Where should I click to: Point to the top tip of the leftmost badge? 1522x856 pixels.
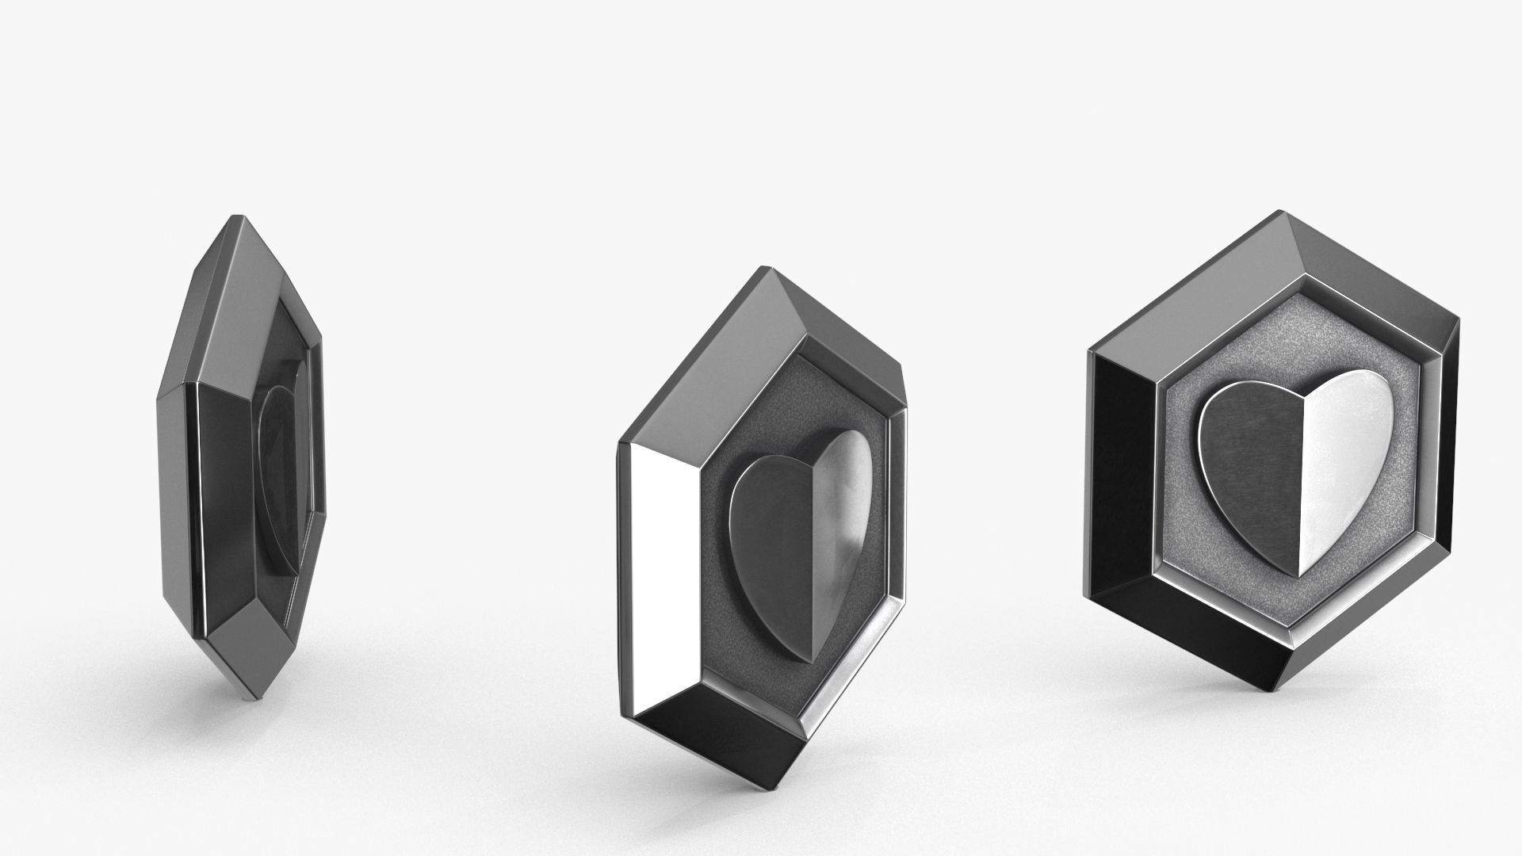pyautogui.click(x=235, y=216)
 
